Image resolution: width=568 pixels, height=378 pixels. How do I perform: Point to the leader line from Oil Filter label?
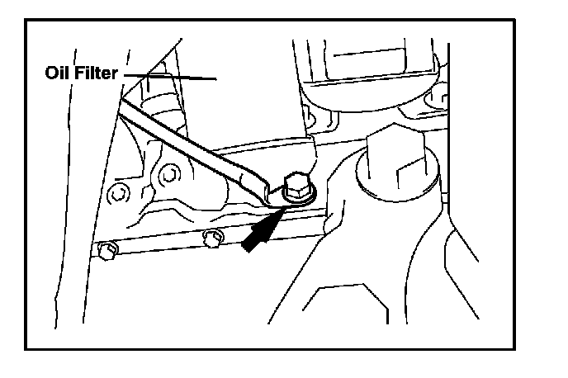(173, 78)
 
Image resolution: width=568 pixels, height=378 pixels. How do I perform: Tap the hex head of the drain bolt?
(295, 182)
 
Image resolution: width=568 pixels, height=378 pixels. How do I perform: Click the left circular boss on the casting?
(121, 195)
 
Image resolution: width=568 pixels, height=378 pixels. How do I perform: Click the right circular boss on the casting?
(170, 174)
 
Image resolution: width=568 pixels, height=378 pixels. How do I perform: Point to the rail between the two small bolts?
(157, 245)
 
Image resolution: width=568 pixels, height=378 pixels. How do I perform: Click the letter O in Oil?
(50, 73)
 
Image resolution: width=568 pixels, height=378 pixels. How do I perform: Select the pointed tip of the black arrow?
(279, 213)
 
